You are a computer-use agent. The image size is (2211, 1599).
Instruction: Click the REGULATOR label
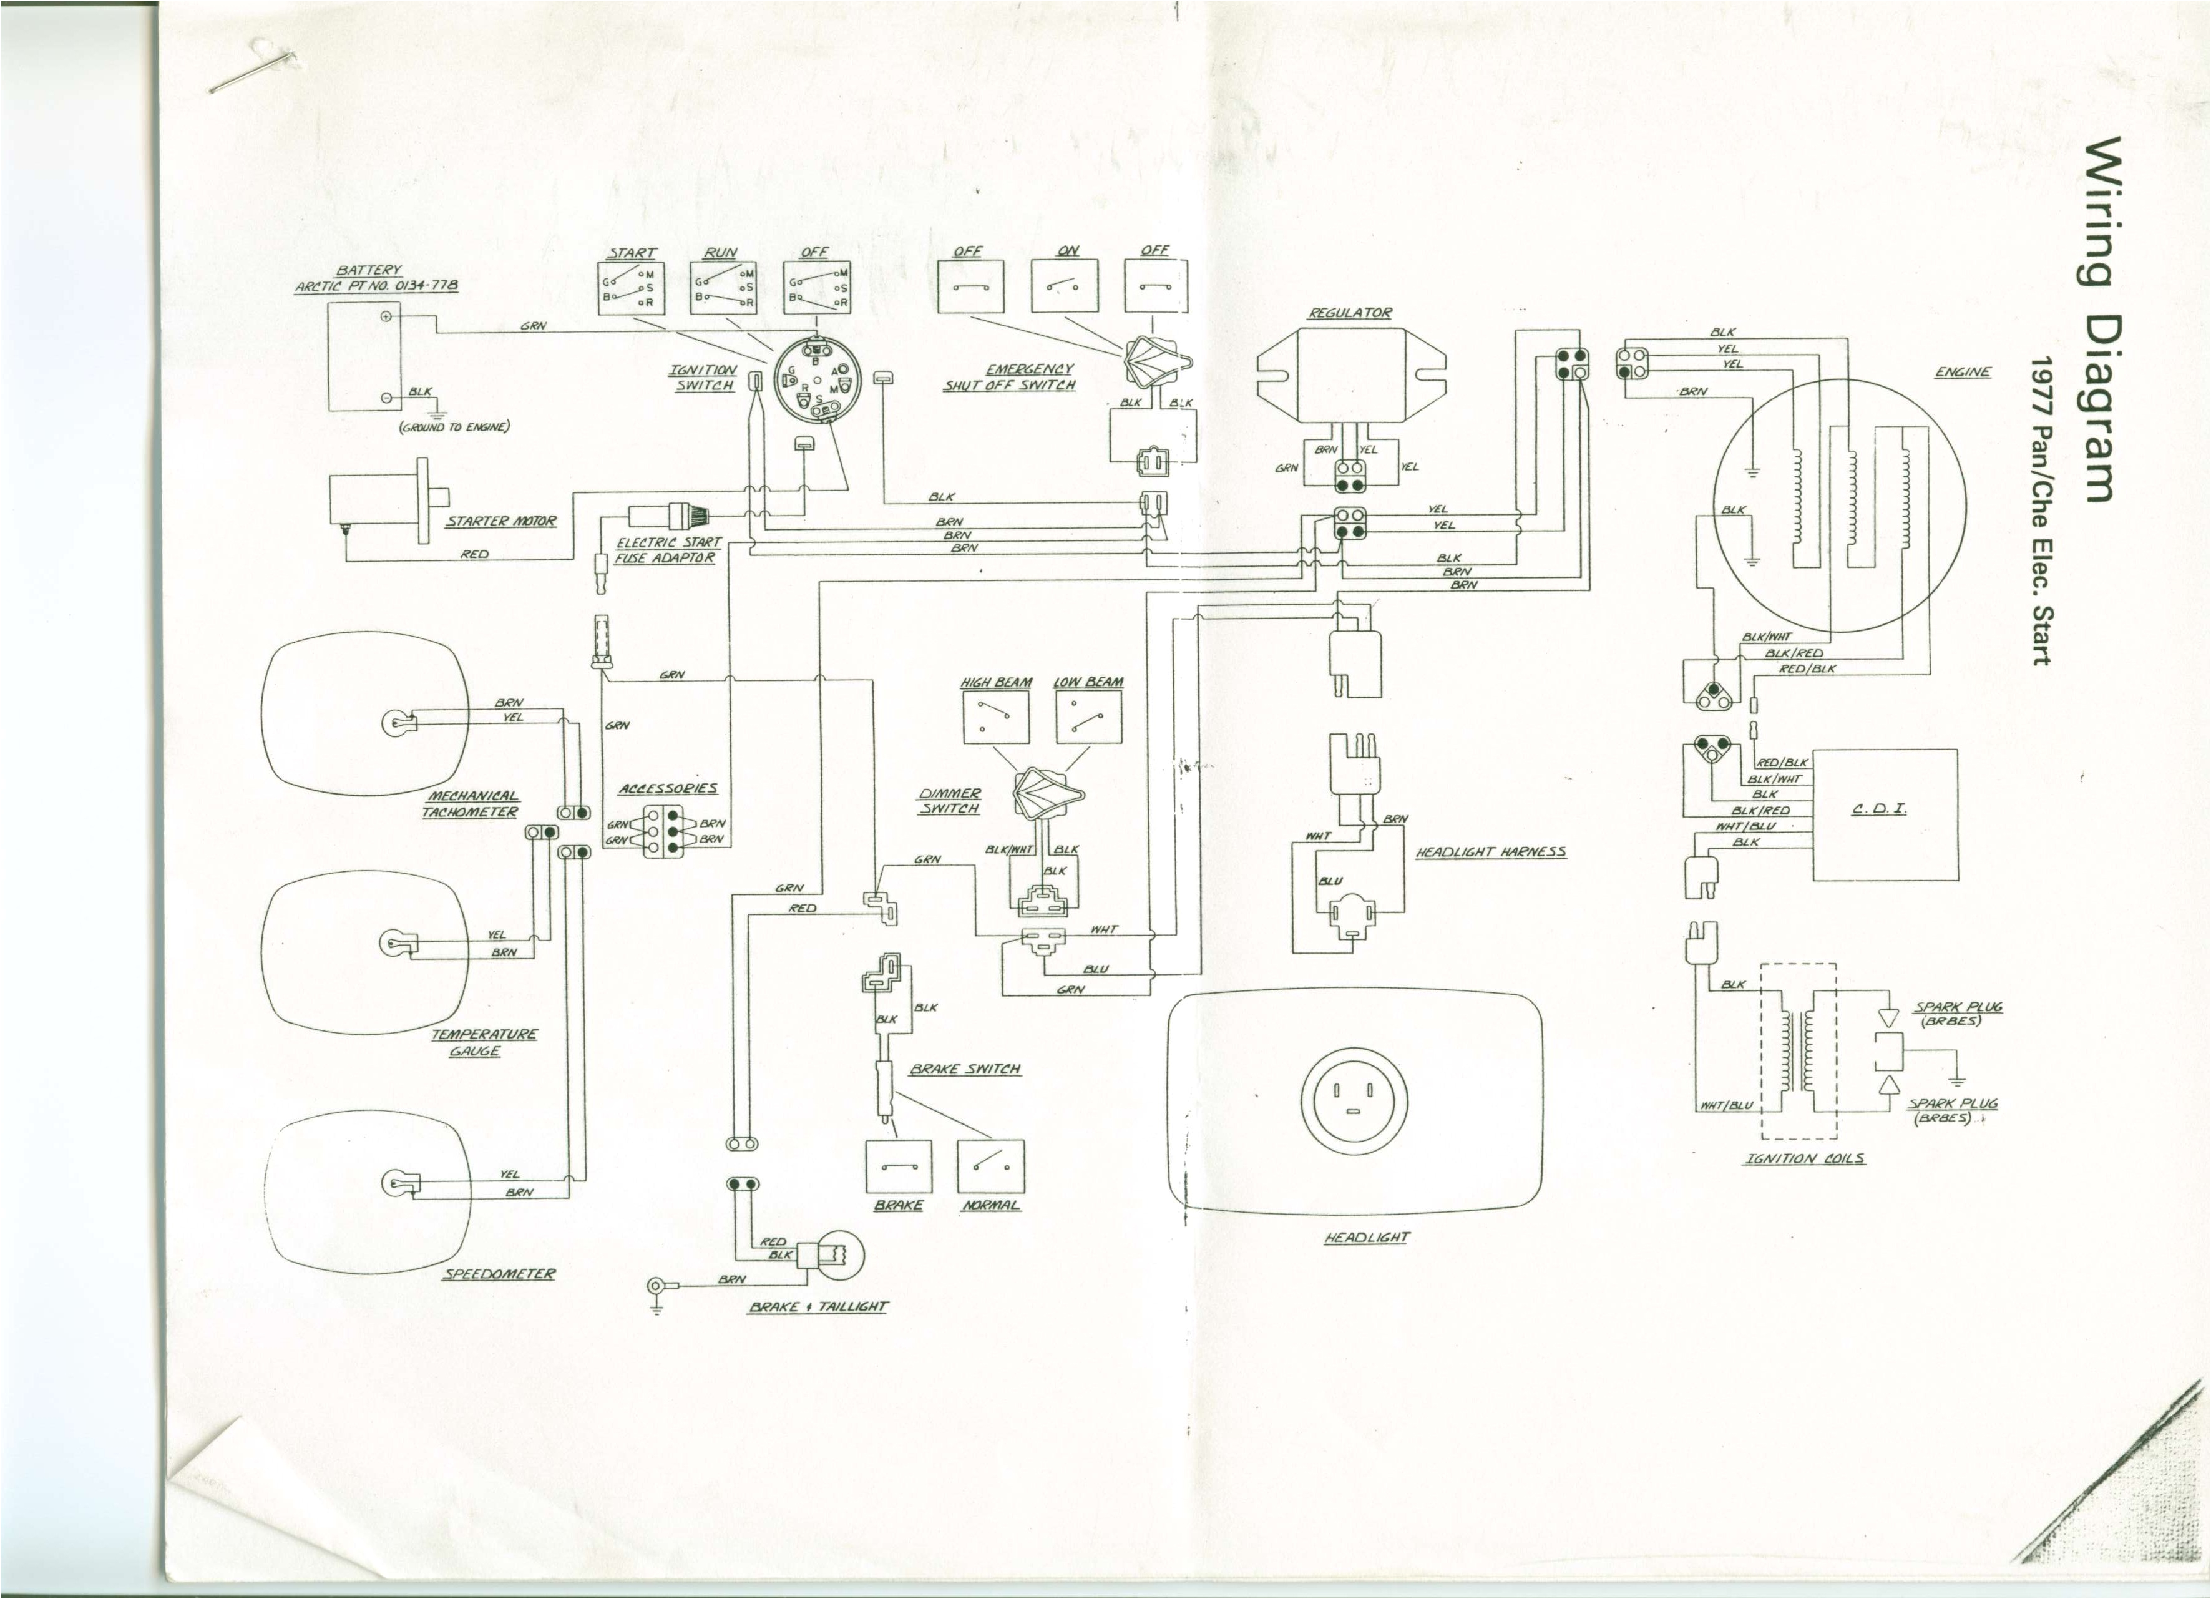point(1350,313)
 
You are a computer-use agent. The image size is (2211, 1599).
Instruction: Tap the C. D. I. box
point(1885,814)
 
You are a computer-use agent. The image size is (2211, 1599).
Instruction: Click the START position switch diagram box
point(631,288)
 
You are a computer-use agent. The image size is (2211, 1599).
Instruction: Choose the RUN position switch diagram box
point(723,288)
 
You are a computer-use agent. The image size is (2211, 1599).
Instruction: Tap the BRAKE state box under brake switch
point(898,1167)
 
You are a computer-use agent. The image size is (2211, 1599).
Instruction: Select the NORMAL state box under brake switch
point(990,1167)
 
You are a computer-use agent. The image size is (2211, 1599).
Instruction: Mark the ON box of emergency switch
point(1065,286)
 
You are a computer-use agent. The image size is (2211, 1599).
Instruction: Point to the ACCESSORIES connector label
point(668,788)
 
